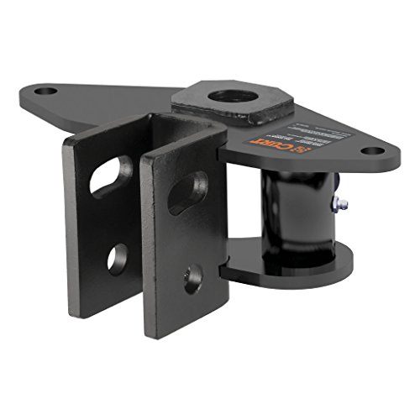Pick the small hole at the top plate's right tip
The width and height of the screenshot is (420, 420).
(x=370, y=152)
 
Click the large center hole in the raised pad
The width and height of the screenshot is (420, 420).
(x=229, y=95)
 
